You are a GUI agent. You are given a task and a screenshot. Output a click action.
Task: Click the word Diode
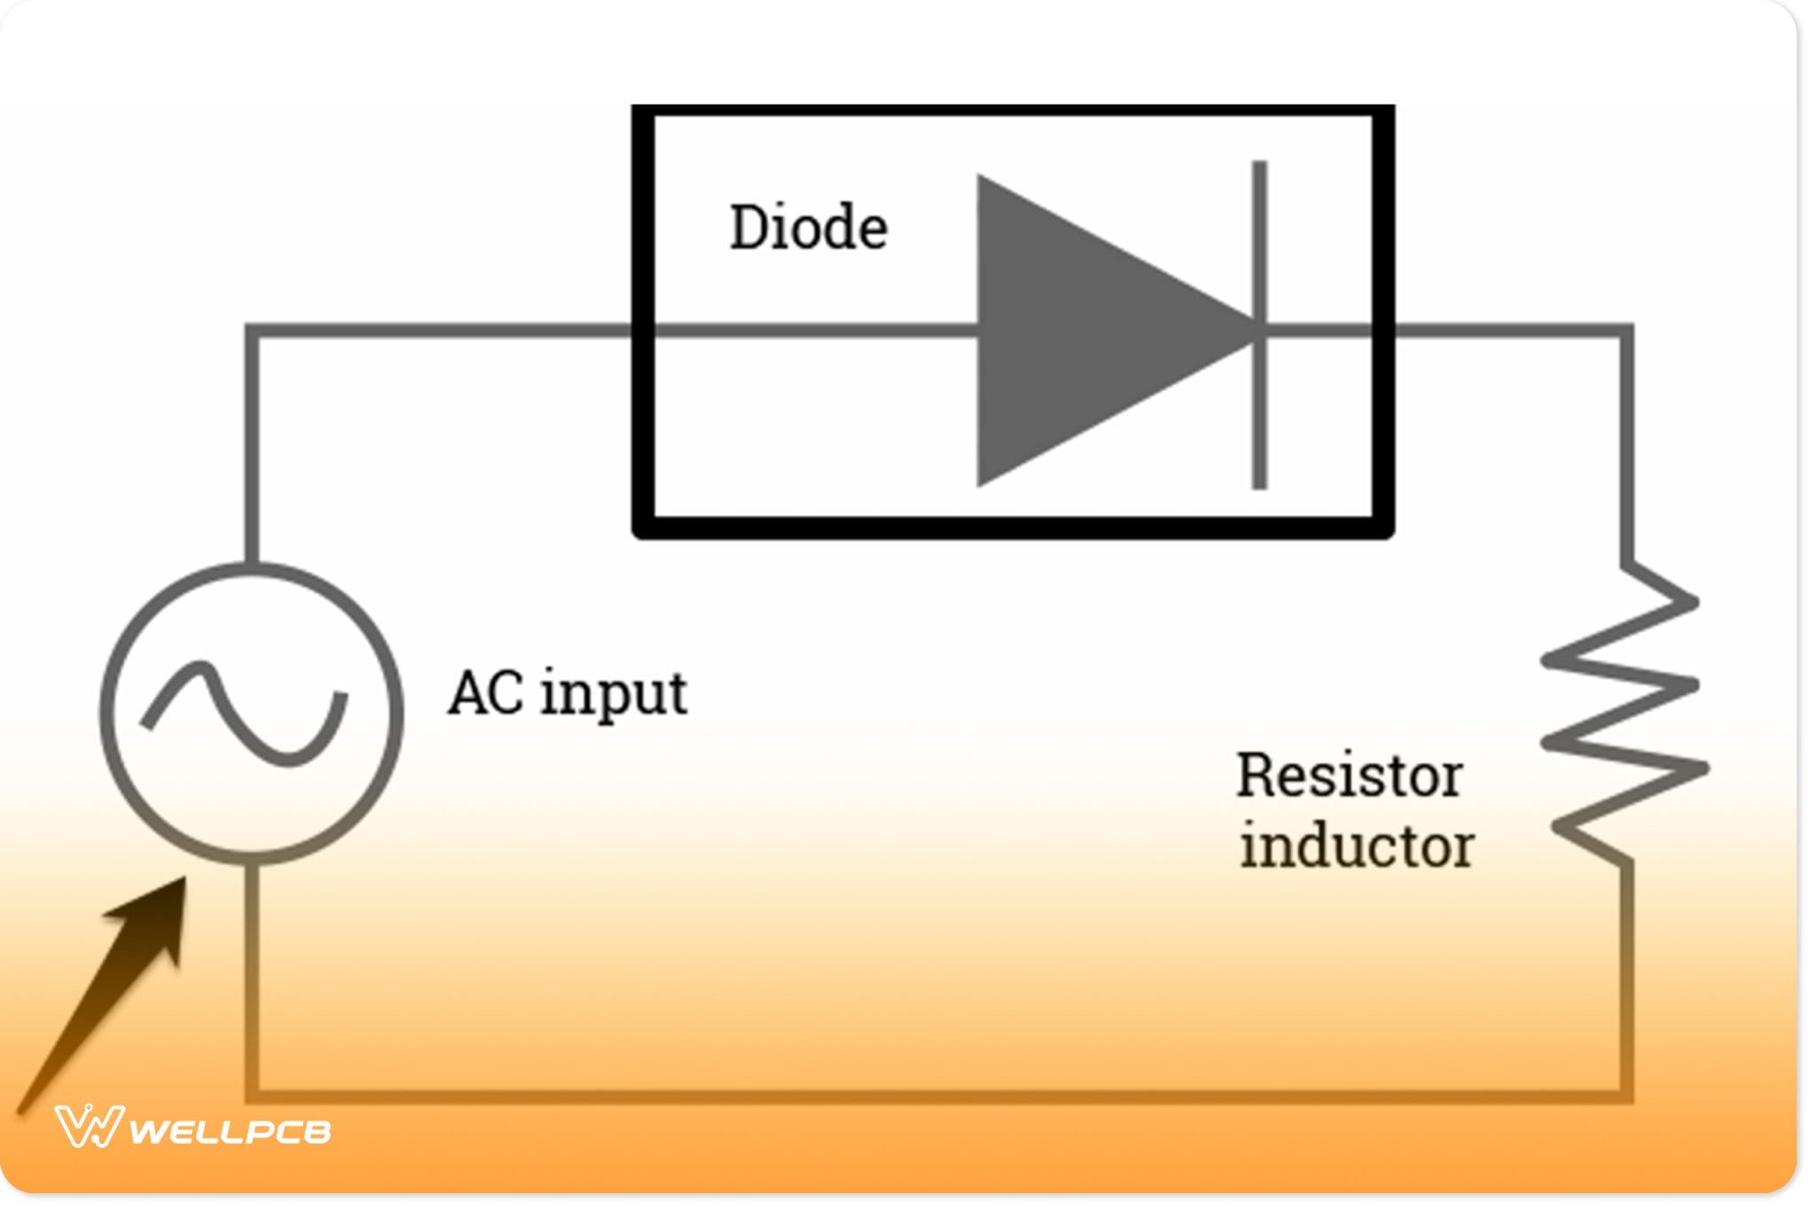(808, 228)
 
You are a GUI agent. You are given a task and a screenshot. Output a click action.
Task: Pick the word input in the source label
(614, 695)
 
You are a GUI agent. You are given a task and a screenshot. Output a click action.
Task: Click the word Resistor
(1349, 776)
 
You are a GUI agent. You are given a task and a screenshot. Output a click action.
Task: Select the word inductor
(1356, 847)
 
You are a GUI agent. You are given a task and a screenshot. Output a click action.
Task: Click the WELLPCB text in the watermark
(231, 1132)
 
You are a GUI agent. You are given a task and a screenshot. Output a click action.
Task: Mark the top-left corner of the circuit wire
(253, 332)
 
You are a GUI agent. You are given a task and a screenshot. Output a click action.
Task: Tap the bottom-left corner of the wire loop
(253, 1097)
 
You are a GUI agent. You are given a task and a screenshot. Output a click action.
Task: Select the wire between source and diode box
(443, 331)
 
